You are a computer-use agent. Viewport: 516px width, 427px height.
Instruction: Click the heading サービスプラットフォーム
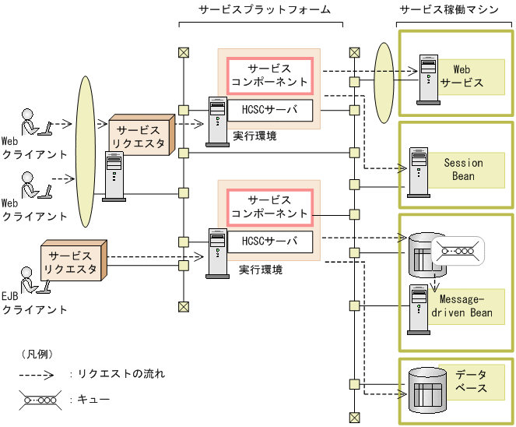click(x=261, y=9)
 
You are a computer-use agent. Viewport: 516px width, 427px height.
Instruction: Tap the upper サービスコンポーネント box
click(x=269, y=76)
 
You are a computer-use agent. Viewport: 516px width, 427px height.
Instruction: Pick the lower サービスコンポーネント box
click(x=269, y=206)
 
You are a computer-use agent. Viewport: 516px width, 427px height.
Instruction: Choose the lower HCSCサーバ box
click(x=269, y=242)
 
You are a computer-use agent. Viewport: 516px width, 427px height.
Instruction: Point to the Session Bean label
click(x=463, y=170)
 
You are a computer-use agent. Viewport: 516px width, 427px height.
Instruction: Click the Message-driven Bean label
click(x=465, y=306)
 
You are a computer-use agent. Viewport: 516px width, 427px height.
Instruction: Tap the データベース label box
click(x=471, y=382)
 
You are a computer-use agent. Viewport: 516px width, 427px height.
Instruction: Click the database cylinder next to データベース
click(x=427, y=387)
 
